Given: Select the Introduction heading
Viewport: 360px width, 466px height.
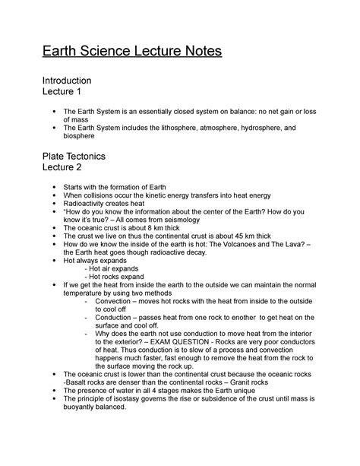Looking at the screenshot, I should (x=67, y=80).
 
